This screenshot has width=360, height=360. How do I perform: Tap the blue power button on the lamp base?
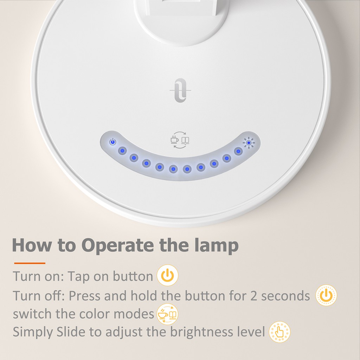pos(112,142)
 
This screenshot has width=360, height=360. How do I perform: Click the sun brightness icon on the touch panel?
pos(249,143)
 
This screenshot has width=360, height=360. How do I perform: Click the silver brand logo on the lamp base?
pos(180,90)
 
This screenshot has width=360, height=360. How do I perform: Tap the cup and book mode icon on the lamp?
pos(180,140)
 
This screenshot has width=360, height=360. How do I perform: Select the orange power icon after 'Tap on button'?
pos(168,275)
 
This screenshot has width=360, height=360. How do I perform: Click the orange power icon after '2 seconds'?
pos(326,295)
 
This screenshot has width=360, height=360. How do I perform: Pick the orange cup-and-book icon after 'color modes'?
pos(167,314)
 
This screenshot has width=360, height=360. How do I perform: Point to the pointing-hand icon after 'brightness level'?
pos(279,332)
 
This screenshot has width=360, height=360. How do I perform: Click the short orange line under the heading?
pos(30,263)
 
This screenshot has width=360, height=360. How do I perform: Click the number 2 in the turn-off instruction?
pos(254,296)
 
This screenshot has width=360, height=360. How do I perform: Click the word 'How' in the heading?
pos(32,245)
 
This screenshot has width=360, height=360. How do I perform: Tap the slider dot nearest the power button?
pos(122,151)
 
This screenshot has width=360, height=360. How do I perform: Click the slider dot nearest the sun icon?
pos(238,151)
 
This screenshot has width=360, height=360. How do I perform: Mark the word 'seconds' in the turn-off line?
pos(285,296)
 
